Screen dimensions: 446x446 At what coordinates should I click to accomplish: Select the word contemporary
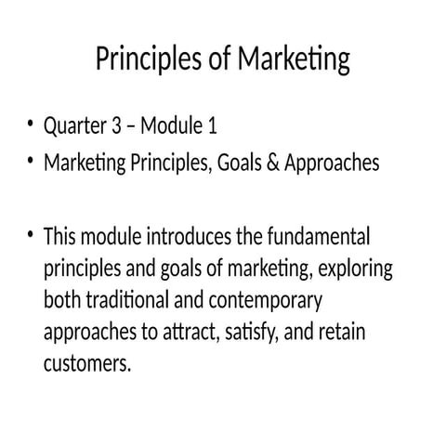[264, 302]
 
